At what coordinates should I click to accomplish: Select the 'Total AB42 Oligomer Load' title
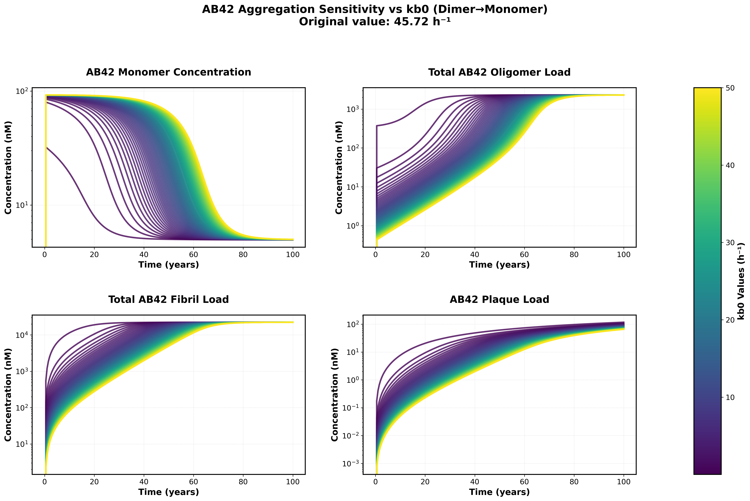[x=499, y=72]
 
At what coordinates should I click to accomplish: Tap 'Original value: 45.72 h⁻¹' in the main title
[x=375, y=22]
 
